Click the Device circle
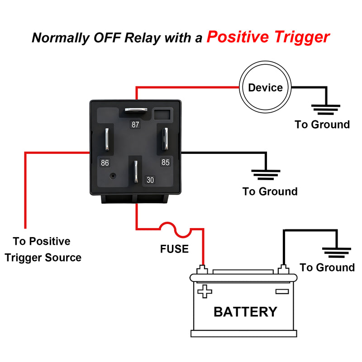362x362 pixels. [265, 87]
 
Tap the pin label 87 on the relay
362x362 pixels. [135, 124]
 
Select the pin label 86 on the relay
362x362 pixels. [105, 162]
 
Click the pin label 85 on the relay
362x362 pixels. [166, 162]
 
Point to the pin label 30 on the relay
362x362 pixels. [150, 180]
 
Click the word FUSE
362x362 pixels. [174, 248]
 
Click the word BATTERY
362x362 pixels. [245, 311]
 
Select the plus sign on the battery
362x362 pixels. [205, 291]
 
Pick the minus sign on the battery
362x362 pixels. [281, 291]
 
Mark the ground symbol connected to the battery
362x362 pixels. [337, 252]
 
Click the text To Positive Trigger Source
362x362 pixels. [42, 249]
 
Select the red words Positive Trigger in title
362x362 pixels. [268, 37]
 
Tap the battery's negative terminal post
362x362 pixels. [284, 270]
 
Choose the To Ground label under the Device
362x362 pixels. [322, 124]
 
